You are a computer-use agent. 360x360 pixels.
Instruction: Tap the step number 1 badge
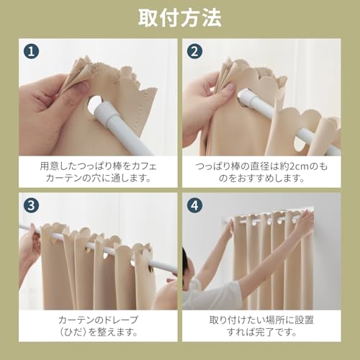(30, 51)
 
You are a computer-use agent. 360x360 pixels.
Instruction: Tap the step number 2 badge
(194, 51)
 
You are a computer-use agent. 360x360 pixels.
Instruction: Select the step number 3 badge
(30, 204)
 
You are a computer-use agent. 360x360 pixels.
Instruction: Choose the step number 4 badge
(194, 204)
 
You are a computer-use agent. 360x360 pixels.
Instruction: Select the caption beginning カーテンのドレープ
(98, 325)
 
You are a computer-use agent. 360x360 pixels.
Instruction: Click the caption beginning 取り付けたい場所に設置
(261, 325)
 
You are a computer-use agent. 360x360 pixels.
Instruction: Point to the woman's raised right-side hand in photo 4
(304, 223)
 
